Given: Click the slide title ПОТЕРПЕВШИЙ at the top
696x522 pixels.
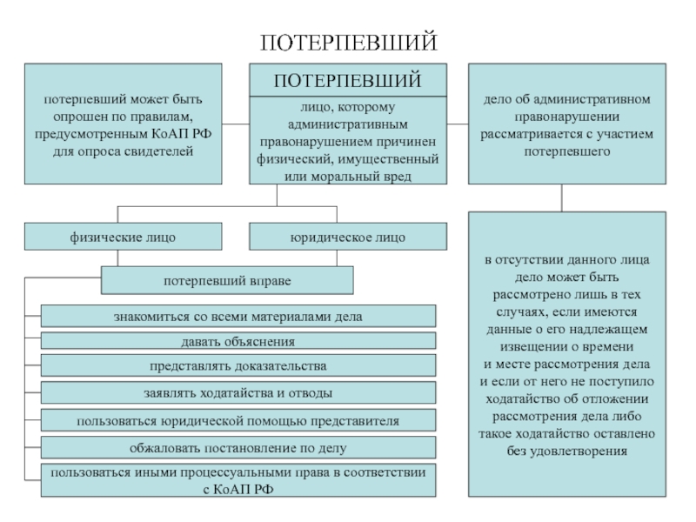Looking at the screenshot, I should point(348,43).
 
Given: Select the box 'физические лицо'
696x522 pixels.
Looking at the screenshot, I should point(123,237).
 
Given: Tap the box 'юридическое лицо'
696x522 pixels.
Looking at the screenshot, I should point(348,237).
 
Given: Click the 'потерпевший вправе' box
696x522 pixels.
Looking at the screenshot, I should point(228,281).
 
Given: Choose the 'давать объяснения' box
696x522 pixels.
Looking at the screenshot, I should point(238,341).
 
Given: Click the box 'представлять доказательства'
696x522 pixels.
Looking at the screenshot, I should point(238,365).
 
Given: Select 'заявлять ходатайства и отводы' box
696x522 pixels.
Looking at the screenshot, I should point(238,393).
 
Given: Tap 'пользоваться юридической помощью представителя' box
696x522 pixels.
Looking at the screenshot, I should point(238,421).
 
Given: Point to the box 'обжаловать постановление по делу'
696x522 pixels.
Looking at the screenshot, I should point(238,448).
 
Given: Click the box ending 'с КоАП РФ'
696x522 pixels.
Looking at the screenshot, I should point(238,481).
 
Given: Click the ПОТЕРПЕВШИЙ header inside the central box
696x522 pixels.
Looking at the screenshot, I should point(348,80).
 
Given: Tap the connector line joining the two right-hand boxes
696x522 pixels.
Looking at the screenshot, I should point(561,197).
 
